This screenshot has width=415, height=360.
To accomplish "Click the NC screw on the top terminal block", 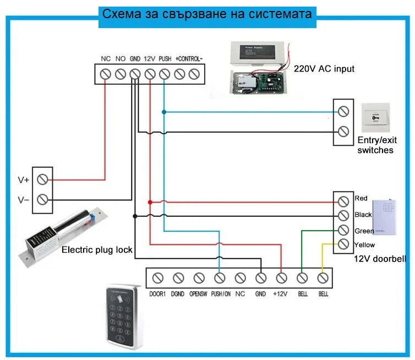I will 106,73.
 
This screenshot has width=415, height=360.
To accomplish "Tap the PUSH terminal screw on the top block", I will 164,73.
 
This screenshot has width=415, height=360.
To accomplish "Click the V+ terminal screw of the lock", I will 43,179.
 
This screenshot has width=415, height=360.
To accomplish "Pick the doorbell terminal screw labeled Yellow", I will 343,244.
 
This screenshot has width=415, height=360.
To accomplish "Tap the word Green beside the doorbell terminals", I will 364,231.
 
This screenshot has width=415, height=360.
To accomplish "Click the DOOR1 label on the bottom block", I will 157,294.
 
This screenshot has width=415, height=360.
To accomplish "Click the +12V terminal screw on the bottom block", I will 281,278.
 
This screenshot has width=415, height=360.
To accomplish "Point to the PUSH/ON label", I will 220,294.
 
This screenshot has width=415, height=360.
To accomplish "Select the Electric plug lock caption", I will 97,250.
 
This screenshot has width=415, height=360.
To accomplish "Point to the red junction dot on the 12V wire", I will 150,202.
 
